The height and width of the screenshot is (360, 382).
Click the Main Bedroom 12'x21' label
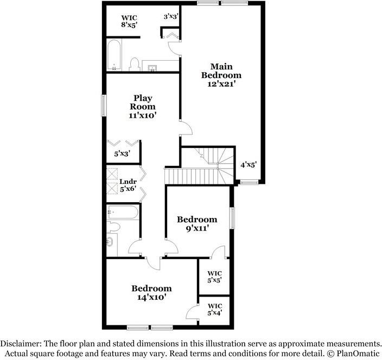(221, 75)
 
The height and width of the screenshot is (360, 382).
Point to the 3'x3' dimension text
(171, 17)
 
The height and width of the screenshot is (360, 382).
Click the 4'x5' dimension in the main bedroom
(249, 164)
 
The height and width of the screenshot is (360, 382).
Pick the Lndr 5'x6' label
(128, 185)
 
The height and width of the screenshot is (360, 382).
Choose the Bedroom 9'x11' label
(197, 224)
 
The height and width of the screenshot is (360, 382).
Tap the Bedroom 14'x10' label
(151, 293)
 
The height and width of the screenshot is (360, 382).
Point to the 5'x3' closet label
(122, 155)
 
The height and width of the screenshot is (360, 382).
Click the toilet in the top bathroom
(133, 65)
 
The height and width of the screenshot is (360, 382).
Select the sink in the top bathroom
(152, 67)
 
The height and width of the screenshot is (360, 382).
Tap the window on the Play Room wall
(103, 105)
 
